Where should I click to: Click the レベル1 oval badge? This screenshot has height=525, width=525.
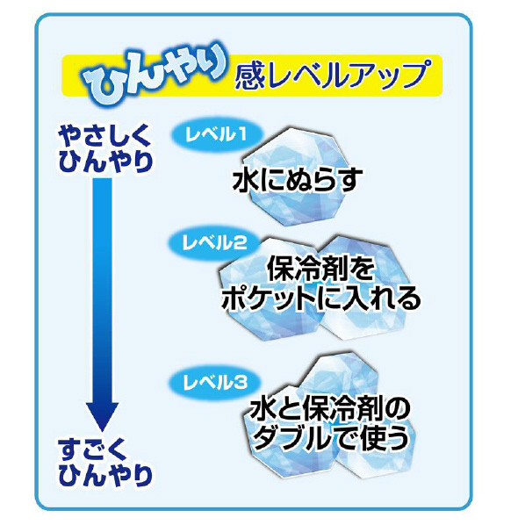(x=218, y=134)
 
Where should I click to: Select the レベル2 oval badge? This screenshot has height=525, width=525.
(x=214, y=243)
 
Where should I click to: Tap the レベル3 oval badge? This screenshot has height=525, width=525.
(x=214, y=383)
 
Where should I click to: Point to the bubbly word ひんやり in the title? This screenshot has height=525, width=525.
(x=155, y=74)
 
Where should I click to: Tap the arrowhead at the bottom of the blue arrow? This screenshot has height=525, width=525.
(x=103, y=416)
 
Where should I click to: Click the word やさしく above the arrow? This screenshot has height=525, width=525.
(x=104, y=137)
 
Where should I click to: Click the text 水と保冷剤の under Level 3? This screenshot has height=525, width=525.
(x=330, y=409)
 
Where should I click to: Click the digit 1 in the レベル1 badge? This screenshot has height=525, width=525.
(x=241, y=134)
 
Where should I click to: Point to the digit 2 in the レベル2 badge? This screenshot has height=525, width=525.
(x=240, y=243)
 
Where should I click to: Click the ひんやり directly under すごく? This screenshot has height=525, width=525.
(x=105, y=476)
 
